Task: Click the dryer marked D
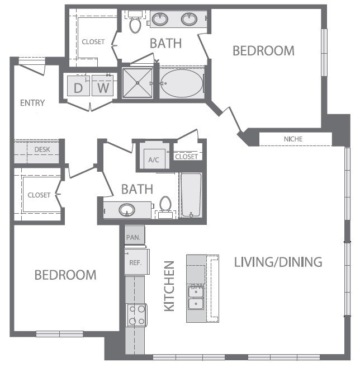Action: click(78, 87)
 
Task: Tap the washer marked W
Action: click(102, 87)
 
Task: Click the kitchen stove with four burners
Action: click(136, 314)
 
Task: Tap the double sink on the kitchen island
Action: click(196, 297)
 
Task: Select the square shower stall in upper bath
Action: click(138, 83)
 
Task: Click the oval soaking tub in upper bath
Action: click(182, 83)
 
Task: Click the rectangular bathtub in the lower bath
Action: click(191, 195)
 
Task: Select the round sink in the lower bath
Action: click(127, 210)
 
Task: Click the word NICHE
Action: click(293, 138)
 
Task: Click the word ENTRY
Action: click(32, 103)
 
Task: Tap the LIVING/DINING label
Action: click(278, 261)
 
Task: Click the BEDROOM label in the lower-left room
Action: click(65, 275)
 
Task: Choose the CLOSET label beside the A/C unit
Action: click(187, 157)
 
